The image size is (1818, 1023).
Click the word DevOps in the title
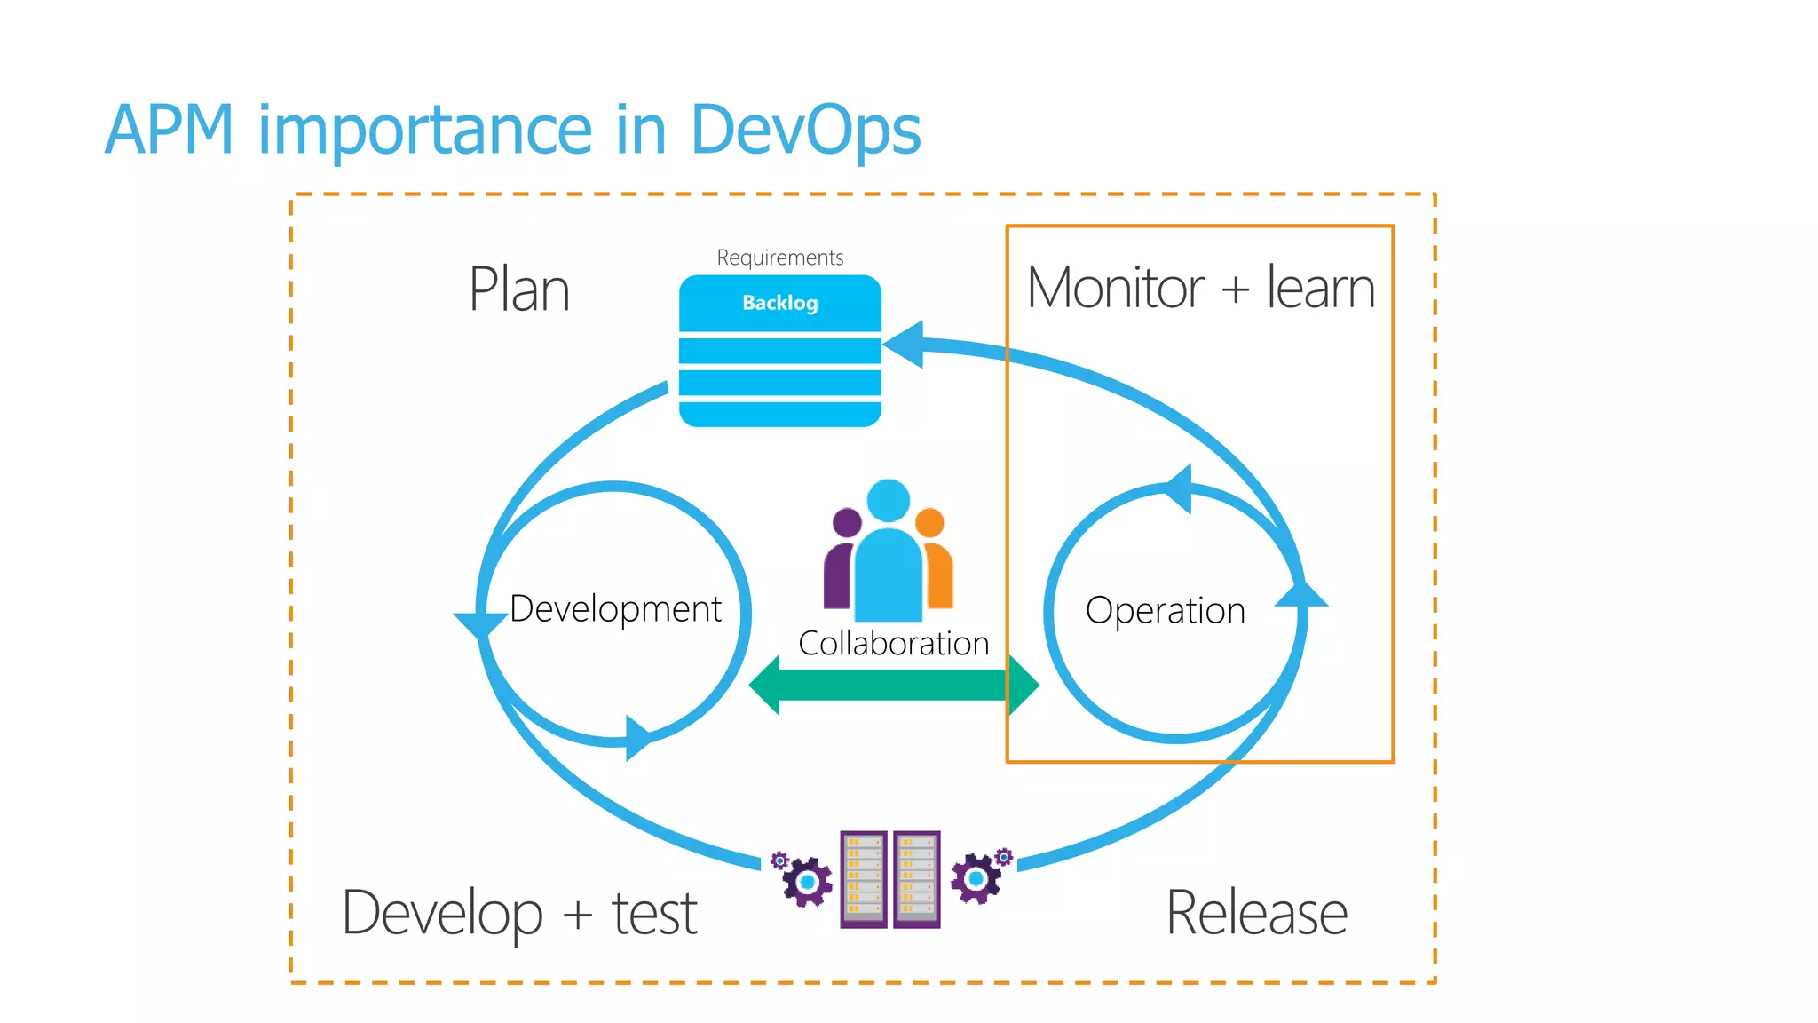(x=804, y=130)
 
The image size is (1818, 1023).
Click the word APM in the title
(x=169, y=130)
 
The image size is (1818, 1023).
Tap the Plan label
(x=519, y=289)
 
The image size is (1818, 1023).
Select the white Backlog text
(x=779, y=303)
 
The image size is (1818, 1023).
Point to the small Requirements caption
(x=779, y=258)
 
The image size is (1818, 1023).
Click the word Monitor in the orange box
(x=1115, y=288)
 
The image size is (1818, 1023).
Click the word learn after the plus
(x=1320, y=288)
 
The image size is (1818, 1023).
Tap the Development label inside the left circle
(x=615, y=609)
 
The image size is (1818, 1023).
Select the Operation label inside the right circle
(x=1165, y=611)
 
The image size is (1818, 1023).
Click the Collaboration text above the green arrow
(x=893, y=643)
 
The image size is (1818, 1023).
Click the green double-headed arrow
(x=893, y=685)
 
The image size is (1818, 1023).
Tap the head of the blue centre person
(x=888, y=500)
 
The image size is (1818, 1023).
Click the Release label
(x=1256, y=913)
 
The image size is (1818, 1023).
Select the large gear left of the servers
(x=807, y=882)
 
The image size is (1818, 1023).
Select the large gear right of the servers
(x=976, y=878)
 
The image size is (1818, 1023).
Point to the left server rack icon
(x=864, y=879)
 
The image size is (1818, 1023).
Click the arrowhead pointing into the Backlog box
(x=905, y=344)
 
